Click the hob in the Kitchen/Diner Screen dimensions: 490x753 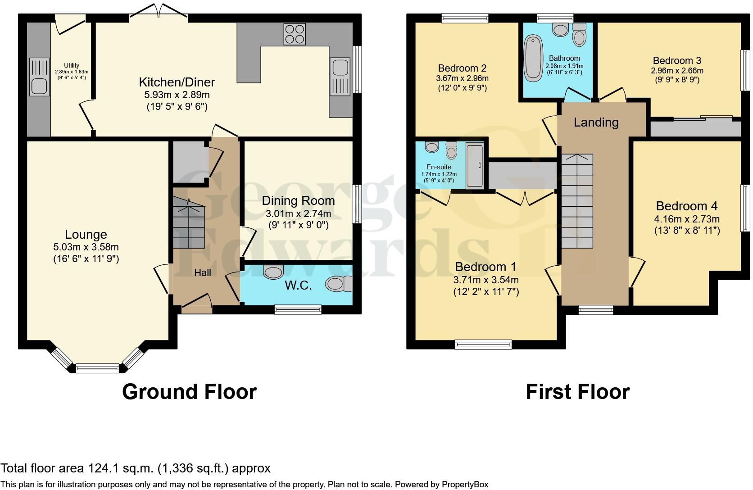[x=295, y=34]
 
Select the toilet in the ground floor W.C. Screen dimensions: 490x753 [x=339, y=284]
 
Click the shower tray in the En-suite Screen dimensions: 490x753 [x=475, y=165]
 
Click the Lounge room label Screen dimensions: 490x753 [x=86, y=234]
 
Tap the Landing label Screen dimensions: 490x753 [x=596, y=122]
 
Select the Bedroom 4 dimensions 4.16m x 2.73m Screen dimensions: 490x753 [x=686, y=219]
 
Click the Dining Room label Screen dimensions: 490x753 [x=298, y=200]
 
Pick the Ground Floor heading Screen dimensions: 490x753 [x=189, y=392]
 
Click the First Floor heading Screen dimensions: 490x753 [x=577, y=392]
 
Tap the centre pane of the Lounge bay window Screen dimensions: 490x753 [x=97, y=368]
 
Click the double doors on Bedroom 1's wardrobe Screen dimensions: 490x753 [x=525, y=198]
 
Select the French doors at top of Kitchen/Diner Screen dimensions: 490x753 [x=159, y=12]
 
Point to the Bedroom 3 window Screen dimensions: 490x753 [x=745, y=70]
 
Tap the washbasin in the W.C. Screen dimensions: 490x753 [x=273, y=271]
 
